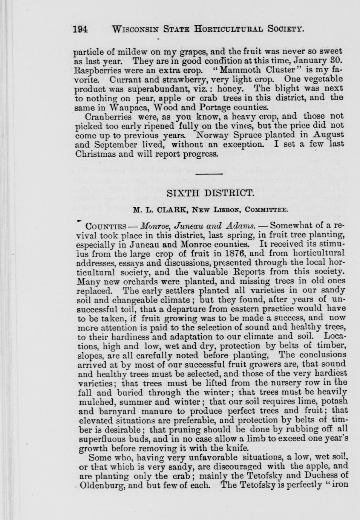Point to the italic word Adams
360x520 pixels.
(241, 226)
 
